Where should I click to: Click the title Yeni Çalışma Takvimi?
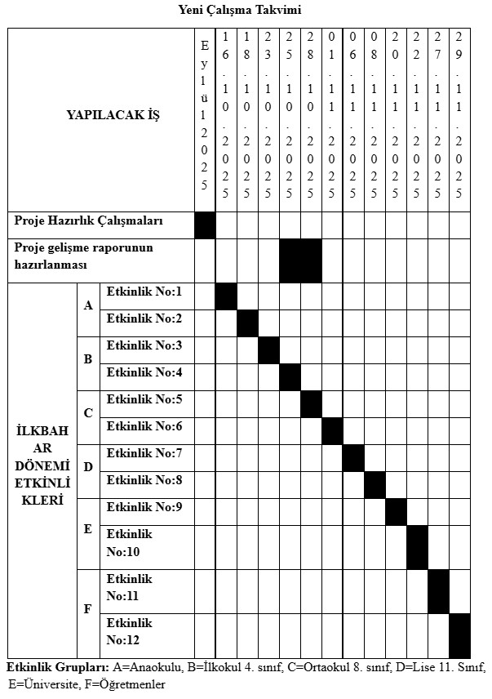click(x=246, y=11)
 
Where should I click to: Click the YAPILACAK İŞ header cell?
click(x=113, y=115)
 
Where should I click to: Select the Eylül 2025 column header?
click(x=205, y=115)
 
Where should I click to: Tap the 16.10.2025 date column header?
click(x=226, y=115)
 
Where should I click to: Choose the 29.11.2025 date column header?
click(x=459, y=115)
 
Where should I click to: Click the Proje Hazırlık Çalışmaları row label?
click(x=89, y=221)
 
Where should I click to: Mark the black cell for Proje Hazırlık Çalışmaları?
click(x=205, y=225)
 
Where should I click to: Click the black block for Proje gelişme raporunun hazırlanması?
click(x=300, y=260)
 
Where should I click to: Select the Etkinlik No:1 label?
click(x=144, y=292)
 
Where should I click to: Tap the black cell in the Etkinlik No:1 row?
click(x=226, y=296)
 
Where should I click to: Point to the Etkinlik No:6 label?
click(x=144, y=426)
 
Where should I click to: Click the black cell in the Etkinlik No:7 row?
click(x=353, y=458)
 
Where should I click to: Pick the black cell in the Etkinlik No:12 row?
click(x=459, y=634)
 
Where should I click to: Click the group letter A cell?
click(x=88, y=305)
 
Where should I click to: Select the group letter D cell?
click(x=88, y=467)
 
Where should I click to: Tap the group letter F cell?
click(x=88, y=609)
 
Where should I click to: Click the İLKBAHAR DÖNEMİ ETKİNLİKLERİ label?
click(x=42, y=465)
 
